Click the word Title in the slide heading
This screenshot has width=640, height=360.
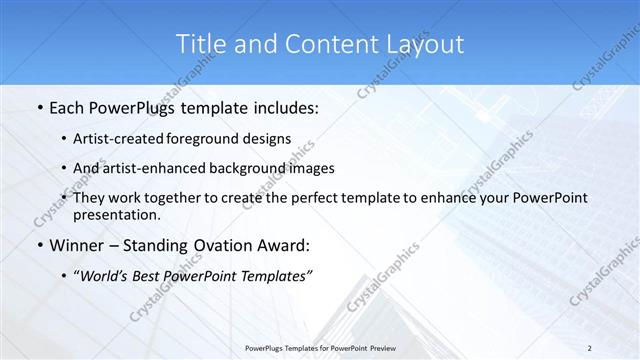pyautogui.click(x=200, y=44)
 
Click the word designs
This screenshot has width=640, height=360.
pyautogui.click(x=267, y=139)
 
